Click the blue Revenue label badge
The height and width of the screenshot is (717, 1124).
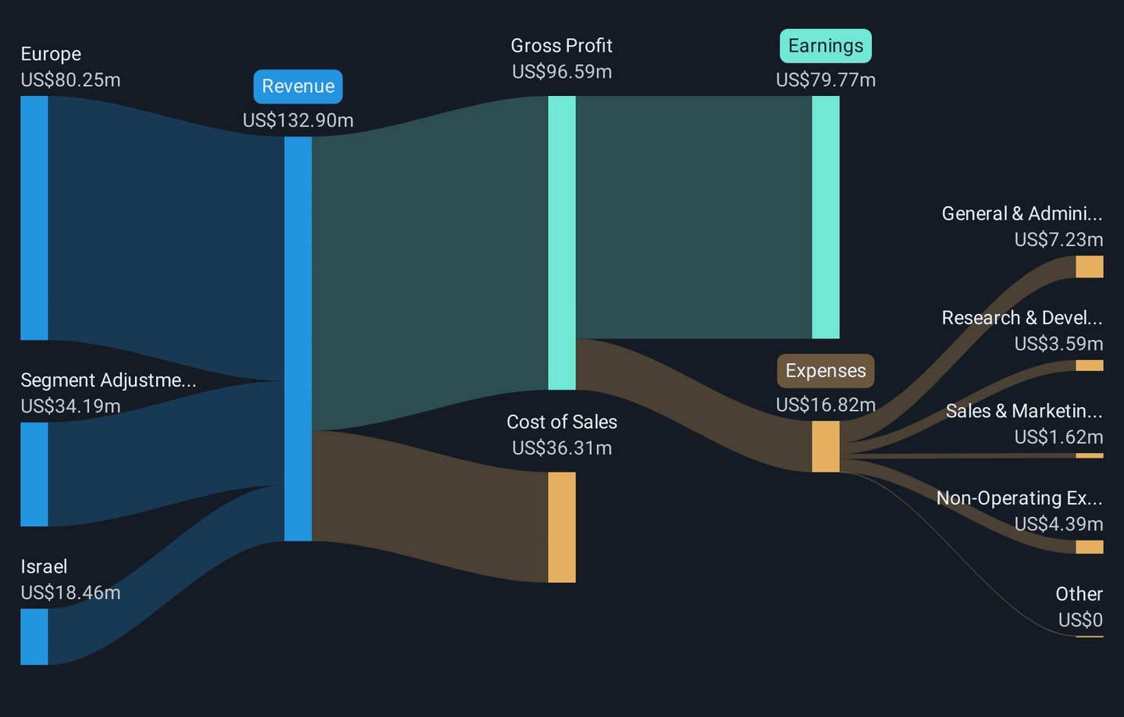pos(297,87)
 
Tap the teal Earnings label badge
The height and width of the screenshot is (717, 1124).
pos(825,46)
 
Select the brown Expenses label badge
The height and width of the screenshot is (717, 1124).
pos(825,371)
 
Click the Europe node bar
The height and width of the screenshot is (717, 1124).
pos(34,218)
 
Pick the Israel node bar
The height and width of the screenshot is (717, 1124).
pos(34,637)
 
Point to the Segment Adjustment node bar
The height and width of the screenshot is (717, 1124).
pos(34,474)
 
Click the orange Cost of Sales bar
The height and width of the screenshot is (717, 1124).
pos(561,527)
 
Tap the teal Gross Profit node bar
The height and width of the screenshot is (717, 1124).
pos(561,243)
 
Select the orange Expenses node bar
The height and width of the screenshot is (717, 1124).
pos(825,447)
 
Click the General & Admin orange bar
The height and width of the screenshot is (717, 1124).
pos(1089,266)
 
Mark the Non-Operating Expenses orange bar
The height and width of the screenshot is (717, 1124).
pos(1089,547)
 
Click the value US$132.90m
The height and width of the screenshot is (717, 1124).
pos(297,120)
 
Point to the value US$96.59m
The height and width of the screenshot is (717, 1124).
pos(561,72)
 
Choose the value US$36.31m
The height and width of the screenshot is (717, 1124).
pos(561,448)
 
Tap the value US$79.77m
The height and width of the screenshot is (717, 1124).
pos(825,80)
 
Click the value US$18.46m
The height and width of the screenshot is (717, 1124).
pos(70,593)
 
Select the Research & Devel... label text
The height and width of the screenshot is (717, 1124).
pos(1021,318)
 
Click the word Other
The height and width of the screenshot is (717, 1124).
pos(1079,594)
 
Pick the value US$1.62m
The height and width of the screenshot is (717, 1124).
pos(1058,437)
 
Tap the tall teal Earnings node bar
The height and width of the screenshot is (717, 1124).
pos(825,217)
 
